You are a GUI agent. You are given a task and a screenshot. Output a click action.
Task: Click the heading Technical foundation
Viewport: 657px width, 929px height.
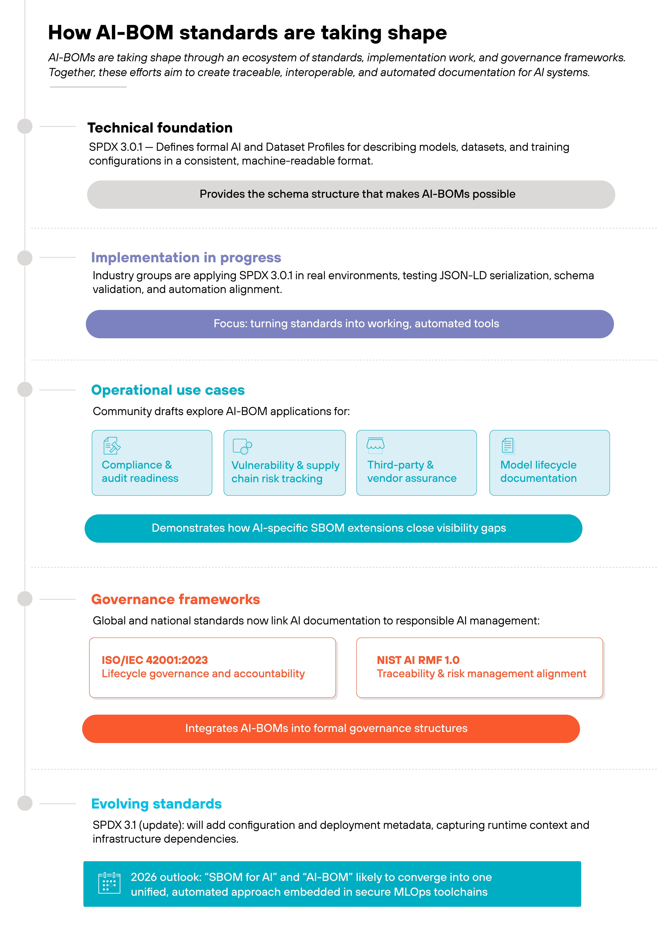[160, 128]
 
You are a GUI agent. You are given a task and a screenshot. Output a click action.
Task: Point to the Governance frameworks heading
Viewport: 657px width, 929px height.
[175, 599]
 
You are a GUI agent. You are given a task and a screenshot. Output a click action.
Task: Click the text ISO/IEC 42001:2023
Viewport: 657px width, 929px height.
[155, 660]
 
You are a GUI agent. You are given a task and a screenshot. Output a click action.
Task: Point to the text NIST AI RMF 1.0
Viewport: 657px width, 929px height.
[418, 660]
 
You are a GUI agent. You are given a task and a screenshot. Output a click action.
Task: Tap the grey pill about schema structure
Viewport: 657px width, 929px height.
[351, 194]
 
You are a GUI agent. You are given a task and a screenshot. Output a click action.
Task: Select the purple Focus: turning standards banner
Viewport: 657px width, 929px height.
[350, 324]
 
